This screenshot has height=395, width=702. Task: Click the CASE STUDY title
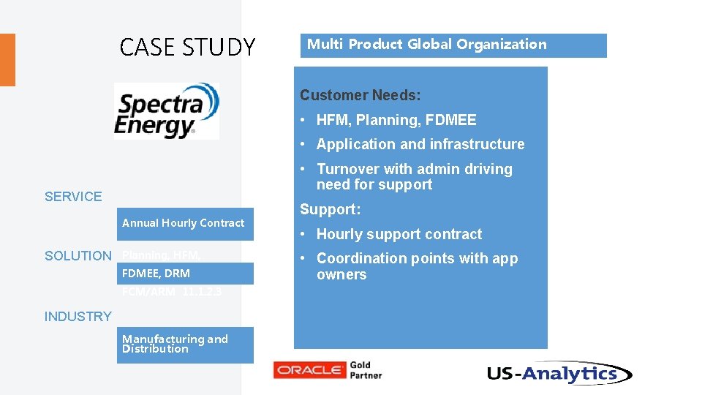point(187,48)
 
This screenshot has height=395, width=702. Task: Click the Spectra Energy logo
point(167,110)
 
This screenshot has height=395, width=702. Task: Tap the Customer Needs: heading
point(360,95)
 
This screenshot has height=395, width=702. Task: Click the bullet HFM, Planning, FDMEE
point(396,120)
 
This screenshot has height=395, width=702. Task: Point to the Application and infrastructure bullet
point(420,144)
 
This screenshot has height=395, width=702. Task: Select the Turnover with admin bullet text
point(414,177)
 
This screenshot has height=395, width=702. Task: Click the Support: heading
point(330,209)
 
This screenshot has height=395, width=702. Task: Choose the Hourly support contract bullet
point(399,234)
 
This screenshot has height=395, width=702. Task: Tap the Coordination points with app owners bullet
point(417,266)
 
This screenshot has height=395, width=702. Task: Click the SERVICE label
point(73,196)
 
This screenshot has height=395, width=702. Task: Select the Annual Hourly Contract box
point(184,223)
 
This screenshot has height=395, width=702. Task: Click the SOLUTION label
point(78,255)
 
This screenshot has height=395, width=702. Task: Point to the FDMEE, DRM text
point(156,273)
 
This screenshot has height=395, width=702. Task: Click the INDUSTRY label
point(78,316)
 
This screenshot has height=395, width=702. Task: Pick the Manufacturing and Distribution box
point(184,345)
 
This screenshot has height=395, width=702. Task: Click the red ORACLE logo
point(309,370)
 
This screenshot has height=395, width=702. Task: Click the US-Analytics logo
point(559,374)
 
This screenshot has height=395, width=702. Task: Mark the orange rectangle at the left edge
point(7,60)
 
